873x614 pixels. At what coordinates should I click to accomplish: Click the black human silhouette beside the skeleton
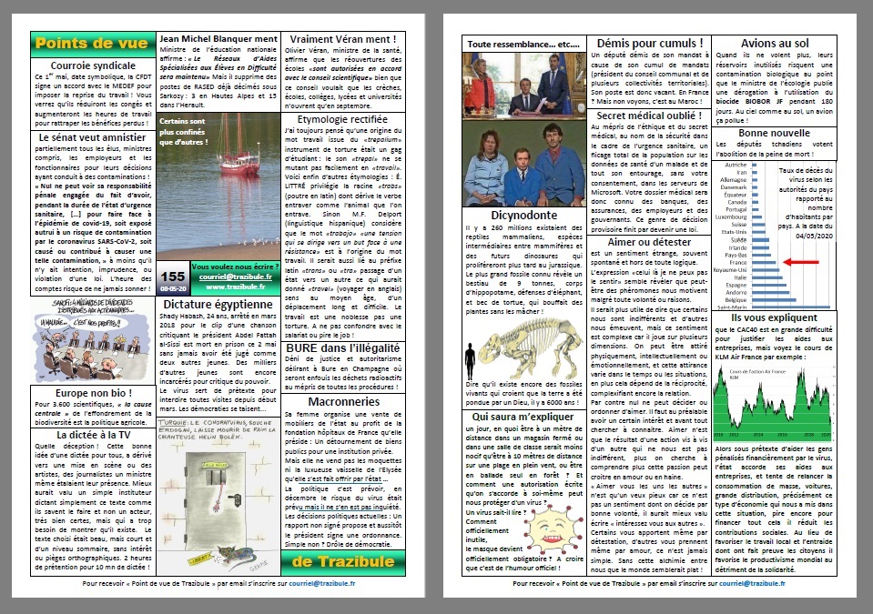tap(471, 361)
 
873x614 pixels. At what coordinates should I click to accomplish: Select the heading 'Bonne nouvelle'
tap(774, 132)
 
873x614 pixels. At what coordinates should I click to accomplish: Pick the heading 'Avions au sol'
tap(774, 43)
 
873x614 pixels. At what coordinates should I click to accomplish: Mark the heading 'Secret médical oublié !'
tap(649, 116)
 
